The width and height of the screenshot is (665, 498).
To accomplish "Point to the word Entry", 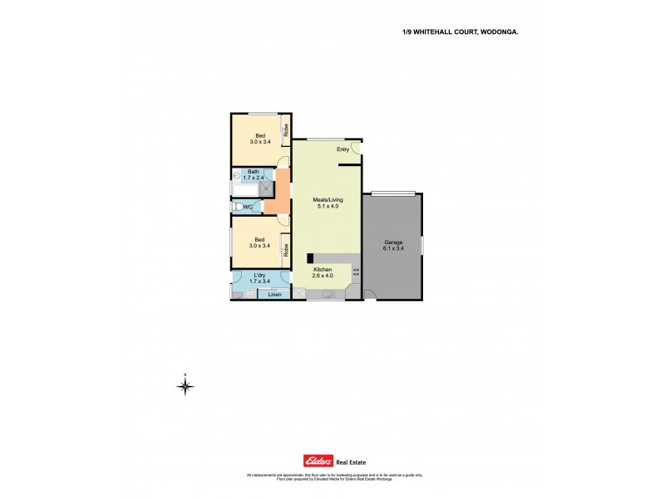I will (342, 149).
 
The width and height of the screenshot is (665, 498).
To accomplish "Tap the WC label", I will (249, 207).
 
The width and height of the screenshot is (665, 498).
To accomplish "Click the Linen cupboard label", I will (274, 294).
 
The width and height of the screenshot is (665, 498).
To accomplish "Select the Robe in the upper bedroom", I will (285, 129).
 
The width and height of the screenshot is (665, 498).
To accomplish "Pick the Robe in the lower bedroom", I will (285, 248).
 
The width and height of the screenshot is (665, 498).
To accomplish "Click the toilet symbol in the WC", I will (237, 207).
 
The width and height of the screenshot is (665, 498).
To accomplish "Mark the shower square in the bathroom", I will (268, 188).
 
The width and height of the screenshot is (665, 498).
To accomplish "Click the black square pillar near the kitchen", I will (310, 258).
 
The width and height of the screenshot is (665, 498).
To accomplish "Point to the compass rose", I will (186, 385).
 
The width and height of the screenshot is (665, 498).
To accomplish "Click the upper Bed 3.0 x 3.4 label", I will (260, 139).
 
